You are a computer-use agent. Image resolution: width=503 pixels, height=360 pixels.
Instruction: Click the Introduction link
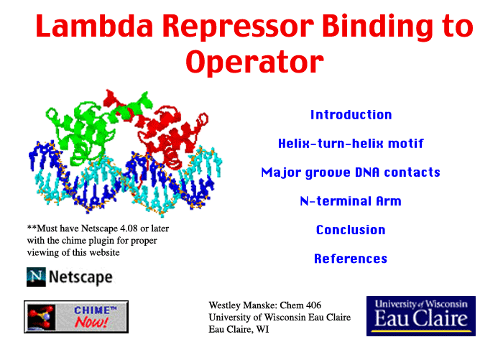click(x=351, y=115)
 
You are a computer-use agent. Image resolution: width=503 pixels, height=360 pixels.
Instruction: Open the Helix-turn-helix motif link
click(x=351, y=144)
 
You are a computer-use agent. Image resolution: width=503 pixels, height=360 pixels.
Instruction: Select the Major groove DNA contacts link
click(x=351, y=172)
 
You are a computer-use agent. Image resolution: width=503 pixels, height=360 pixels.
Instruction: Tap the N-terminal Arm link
click(x=351, y=201)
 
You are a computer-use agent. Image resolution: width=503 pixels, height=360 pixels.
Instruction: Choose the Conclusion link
click(x=351, y=230)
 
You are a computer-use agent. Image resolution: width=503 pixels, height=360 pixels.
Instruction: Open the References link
click(x=351, y=259)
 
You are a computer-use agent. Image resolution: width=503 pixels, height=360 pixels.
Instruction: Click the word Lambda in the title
click(x=94, y=26)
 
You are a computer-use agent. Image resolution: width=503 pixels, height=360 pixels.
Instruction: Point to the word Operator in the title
click(x=254, y=62)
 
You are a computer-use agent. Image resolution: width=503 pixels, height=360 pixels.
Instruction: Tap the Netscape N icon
click(x=36, y=277)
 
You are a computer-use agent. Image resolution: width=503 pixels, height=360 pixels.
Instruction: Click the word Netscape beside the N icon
click(x=80, y=277)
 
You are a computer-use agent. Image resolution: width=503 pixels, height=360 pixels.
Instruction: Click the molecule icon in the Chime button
click(x=41, y=317)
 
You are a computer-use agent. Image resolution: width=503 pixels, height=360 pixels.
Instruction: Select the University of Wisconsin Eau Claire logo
click(x=421, y=316)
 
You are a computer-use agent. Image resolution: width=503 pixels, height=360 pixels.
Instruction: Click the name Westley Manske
click(x=243, y=305)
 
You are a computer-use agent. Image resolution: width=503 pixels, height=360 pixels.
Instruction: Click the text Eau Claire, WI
click(x=239, y=329)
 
